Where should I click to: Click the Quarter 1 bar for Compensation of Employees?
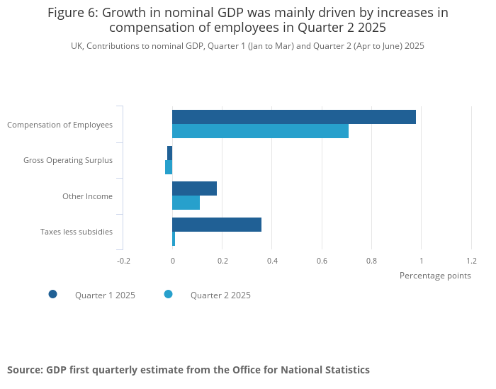[x=294, y=117]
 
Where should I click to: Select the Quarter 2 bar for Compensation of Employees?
[x=260, y=131]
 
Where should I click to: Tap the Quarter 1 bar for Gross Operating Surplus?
[x=170, y=153]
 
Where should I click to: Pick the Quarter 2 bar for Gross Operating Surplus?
[x=169, y=167]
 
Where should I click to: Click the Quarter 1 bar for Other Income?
[x=194, y=188]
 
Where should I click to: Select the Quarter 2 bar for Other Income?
[x=186, y=203]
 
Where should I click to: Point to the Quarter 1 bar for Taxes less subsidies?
[x=217, y=225]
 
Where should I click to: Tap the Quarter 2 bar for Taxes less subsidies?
[x=174, y=239]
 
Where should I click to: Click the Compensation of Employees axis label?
[x=60, y=125]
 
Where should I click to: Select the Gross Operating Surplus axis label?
[x=68, y=160]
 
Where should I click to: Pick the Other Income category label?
[x=87, y=196]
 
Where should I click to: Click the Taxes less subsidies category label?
[x=77, y=232]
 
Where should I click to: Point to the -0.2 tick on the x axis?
[x=123, y=261]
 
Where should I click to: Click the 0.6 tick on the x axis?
[x=322, y=261]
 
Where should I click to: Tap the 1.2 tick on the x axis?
[x=471, y=261]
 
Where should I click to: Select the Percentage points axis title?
[x=435, y=276]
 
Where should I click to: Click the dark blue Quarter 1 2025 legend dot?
[x=52, y=294]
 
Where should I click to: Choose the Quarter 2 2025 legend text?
[x=220, y=295]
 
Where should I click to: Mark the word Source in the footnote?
[x=24, y=370]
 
